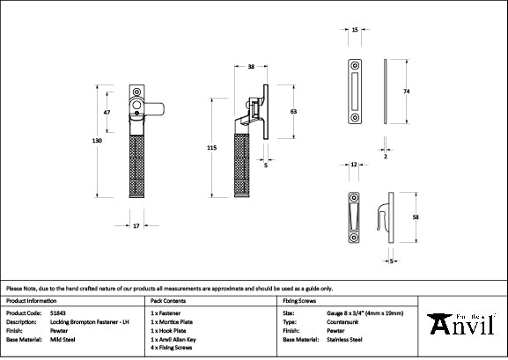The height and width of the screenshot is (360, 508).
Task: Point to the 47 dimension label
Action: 107,114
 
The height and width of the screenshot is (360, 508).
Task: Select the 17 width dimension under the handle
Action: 136,226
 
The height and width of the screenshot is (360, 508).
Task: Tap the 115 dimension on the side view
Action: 212,149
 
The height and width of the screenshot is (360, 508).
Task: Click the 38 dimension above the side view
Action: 251,67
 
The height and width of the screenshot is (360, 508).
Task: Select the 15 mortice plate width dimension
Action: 354,30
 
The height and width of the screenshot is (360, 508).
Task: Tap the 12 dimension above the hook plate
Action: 352,165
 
